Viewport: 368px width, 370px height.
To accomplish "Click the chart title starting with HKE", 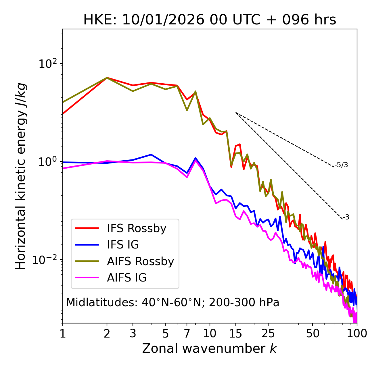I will [210, 20].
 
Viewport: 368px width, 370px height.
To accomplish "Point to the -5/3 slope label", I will [341, 165].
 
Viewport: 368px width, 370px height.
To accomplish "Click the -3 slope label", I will [346, 217].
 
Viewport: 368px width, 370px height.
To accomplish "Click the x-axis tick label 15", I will [236, 334].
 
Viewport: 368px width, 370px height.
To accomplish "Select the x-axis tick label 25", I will [268, 334].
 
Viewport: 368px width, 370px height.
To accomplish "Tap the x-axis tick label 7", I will [187, 334].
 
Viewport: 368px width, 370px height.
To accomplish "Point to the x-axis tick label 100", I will [357, 334].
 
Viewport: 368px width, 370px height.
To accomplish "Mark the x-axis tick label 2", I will [107, 334].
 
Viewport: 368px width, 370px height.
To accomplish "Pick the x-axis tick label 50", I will [313, 334].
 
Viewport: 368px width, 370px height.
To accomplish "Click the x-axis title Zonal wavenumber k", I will [210, 348].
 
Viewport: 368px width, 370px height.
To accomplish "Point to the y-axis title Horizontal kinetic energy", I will [21, 176].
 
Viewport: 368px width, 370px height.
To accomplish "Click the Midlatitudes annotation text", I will [172, 302].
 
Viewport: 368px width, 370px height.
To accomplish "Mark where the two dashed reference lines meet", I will [236, 113].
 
